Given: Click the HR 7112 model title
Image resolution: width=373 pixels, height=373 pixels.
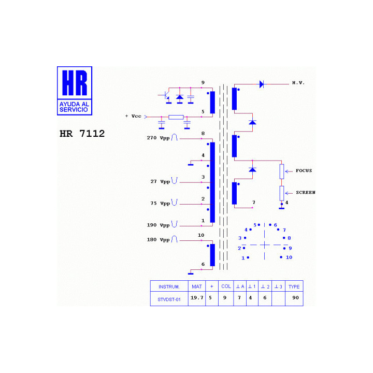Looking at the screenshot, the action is coord(82,134).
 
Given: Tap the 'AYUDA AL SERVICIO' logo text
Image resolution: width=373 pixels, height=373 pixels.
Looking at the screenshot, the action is coord(74,107).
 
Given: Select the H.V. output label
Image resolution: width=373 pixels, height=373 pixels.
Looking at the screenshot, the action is coord(298,83).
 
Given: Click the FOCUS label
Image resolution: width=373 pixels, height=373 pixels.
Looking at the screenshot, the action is coord(304,170).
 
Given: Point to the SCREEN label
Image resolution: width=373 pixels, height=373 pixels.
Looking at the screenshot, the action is coord(306,192).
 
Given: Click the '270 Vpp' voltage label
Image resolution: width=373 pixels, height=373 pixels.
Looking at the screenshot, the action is coord(158,138).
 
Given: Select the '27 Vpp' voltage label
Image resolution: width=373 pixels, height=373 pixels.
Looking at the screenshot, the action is coord(160,181).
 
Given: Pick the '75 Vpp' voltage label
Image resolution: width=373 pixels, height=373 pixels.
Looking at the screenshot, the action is coord(160,204).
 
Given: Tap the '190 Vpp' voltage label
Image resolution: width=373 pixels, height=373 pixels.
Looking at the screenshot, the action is coord(158,225).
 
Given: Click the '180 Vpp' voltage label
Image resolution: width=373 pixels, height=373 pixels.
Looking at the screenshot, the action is coord(158,239).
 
